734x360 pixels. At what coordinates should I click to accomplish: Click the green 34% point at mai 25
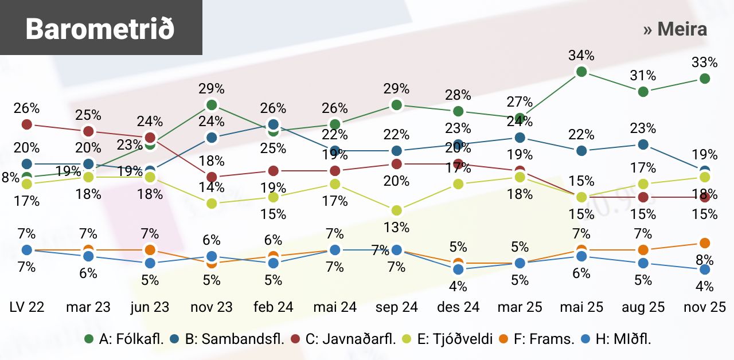581,72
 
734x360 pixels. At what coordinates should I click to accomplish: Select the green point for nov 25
705,79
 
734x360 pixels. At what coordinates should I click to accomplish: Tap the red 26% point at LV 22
26,124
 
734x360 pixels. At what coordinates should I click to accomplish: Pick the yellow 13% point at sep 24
396,210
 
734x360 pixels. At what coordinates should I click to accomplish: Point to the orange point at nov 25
705,244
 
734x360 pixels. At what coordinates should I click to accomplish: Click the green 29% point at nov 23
212,105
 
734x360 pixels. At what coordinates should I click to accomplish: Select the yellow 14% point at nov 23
212,204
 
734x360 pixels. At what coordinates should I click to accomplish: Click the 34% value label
581,56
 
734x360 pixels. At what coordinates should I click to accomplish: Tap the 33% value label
705,62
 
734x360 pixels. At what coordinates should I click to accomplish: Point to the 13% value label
396,228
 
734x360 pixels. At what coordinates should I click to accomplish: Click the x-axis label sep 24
396,307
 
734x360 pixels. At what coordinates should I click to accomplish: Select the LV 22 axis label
26,307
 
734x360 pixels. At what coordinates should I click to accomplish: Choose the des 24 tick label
458,307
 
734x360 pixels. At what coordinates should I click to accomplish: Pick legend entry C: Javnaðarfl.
350,339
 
